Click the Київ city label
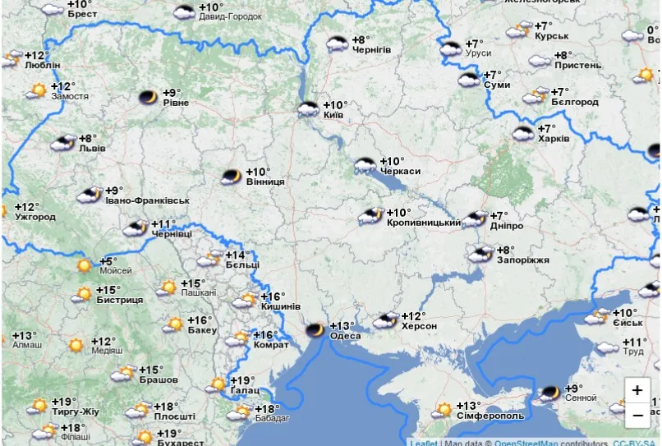[x=333, y=116]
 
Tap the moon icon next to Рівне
[x=148, y=98]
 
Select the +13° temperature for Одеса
[x=342, y=325]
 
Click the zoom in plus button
[x=637, y=390]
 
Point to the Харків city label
[x=553, y=140]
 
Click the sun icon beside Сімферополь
[x=444, y=408]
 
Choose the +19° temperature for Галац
[x=241, y=380]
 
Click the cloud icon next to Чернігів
[x=337, y=44]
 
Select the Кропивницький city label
[x=423, y=223]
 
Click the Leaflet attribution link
[x=424, y=443]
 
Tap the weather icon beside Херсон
[x=384, y=320]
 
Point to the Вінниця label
[x=265, y=182]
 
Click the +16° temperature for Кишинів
[x=272, y=297]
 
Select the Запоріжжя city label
[x=522, y=260]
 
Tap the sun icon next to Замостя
[x=36, y=90]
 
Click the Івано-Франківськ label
[x=147, y=201]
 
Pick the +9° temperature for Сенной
[x=573, y=388]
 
